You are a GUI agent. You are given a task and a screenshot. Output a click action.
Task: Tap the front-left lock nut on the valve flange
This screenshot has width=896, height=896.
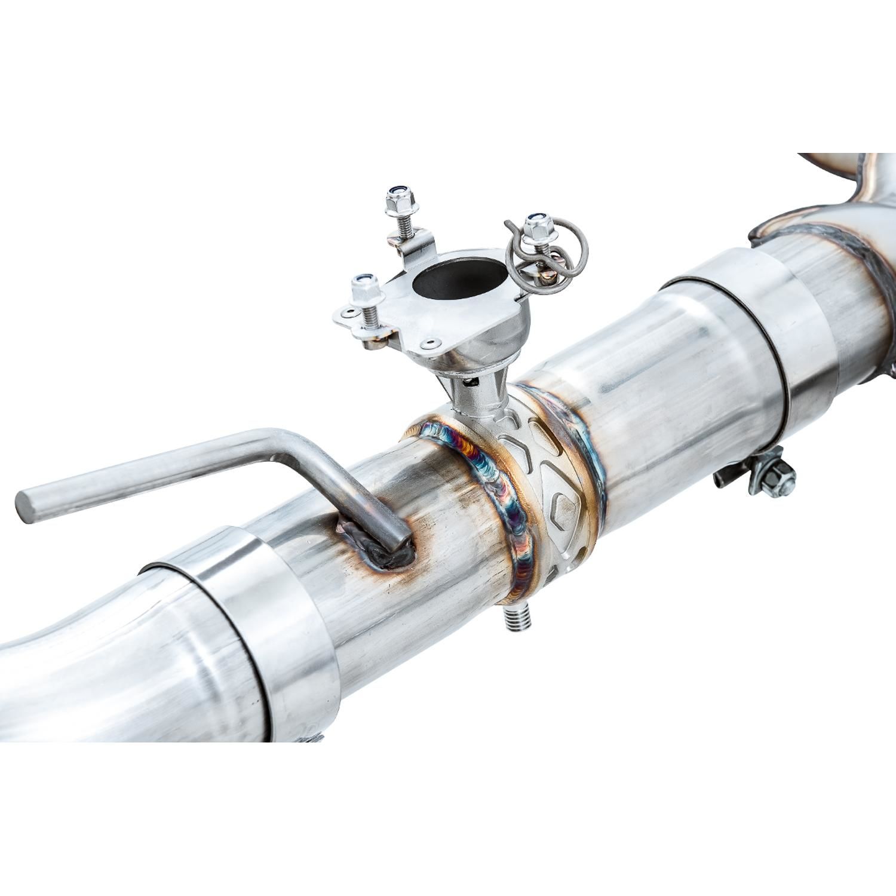click(364, 290)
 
